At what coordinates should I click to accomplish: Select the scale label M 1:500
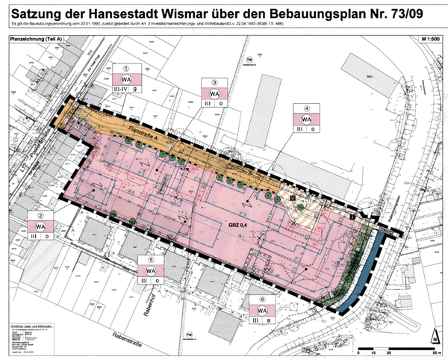coord(430,37)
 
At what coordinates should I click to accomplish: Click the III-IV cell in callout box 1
coord(121,90)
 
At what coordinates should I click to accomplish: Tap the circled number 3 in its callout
coord(215,83)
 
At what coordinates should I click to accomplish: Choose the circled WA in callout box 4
coord(306,119)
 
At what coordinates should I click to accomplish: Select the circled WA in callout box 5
coord(150,270)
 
